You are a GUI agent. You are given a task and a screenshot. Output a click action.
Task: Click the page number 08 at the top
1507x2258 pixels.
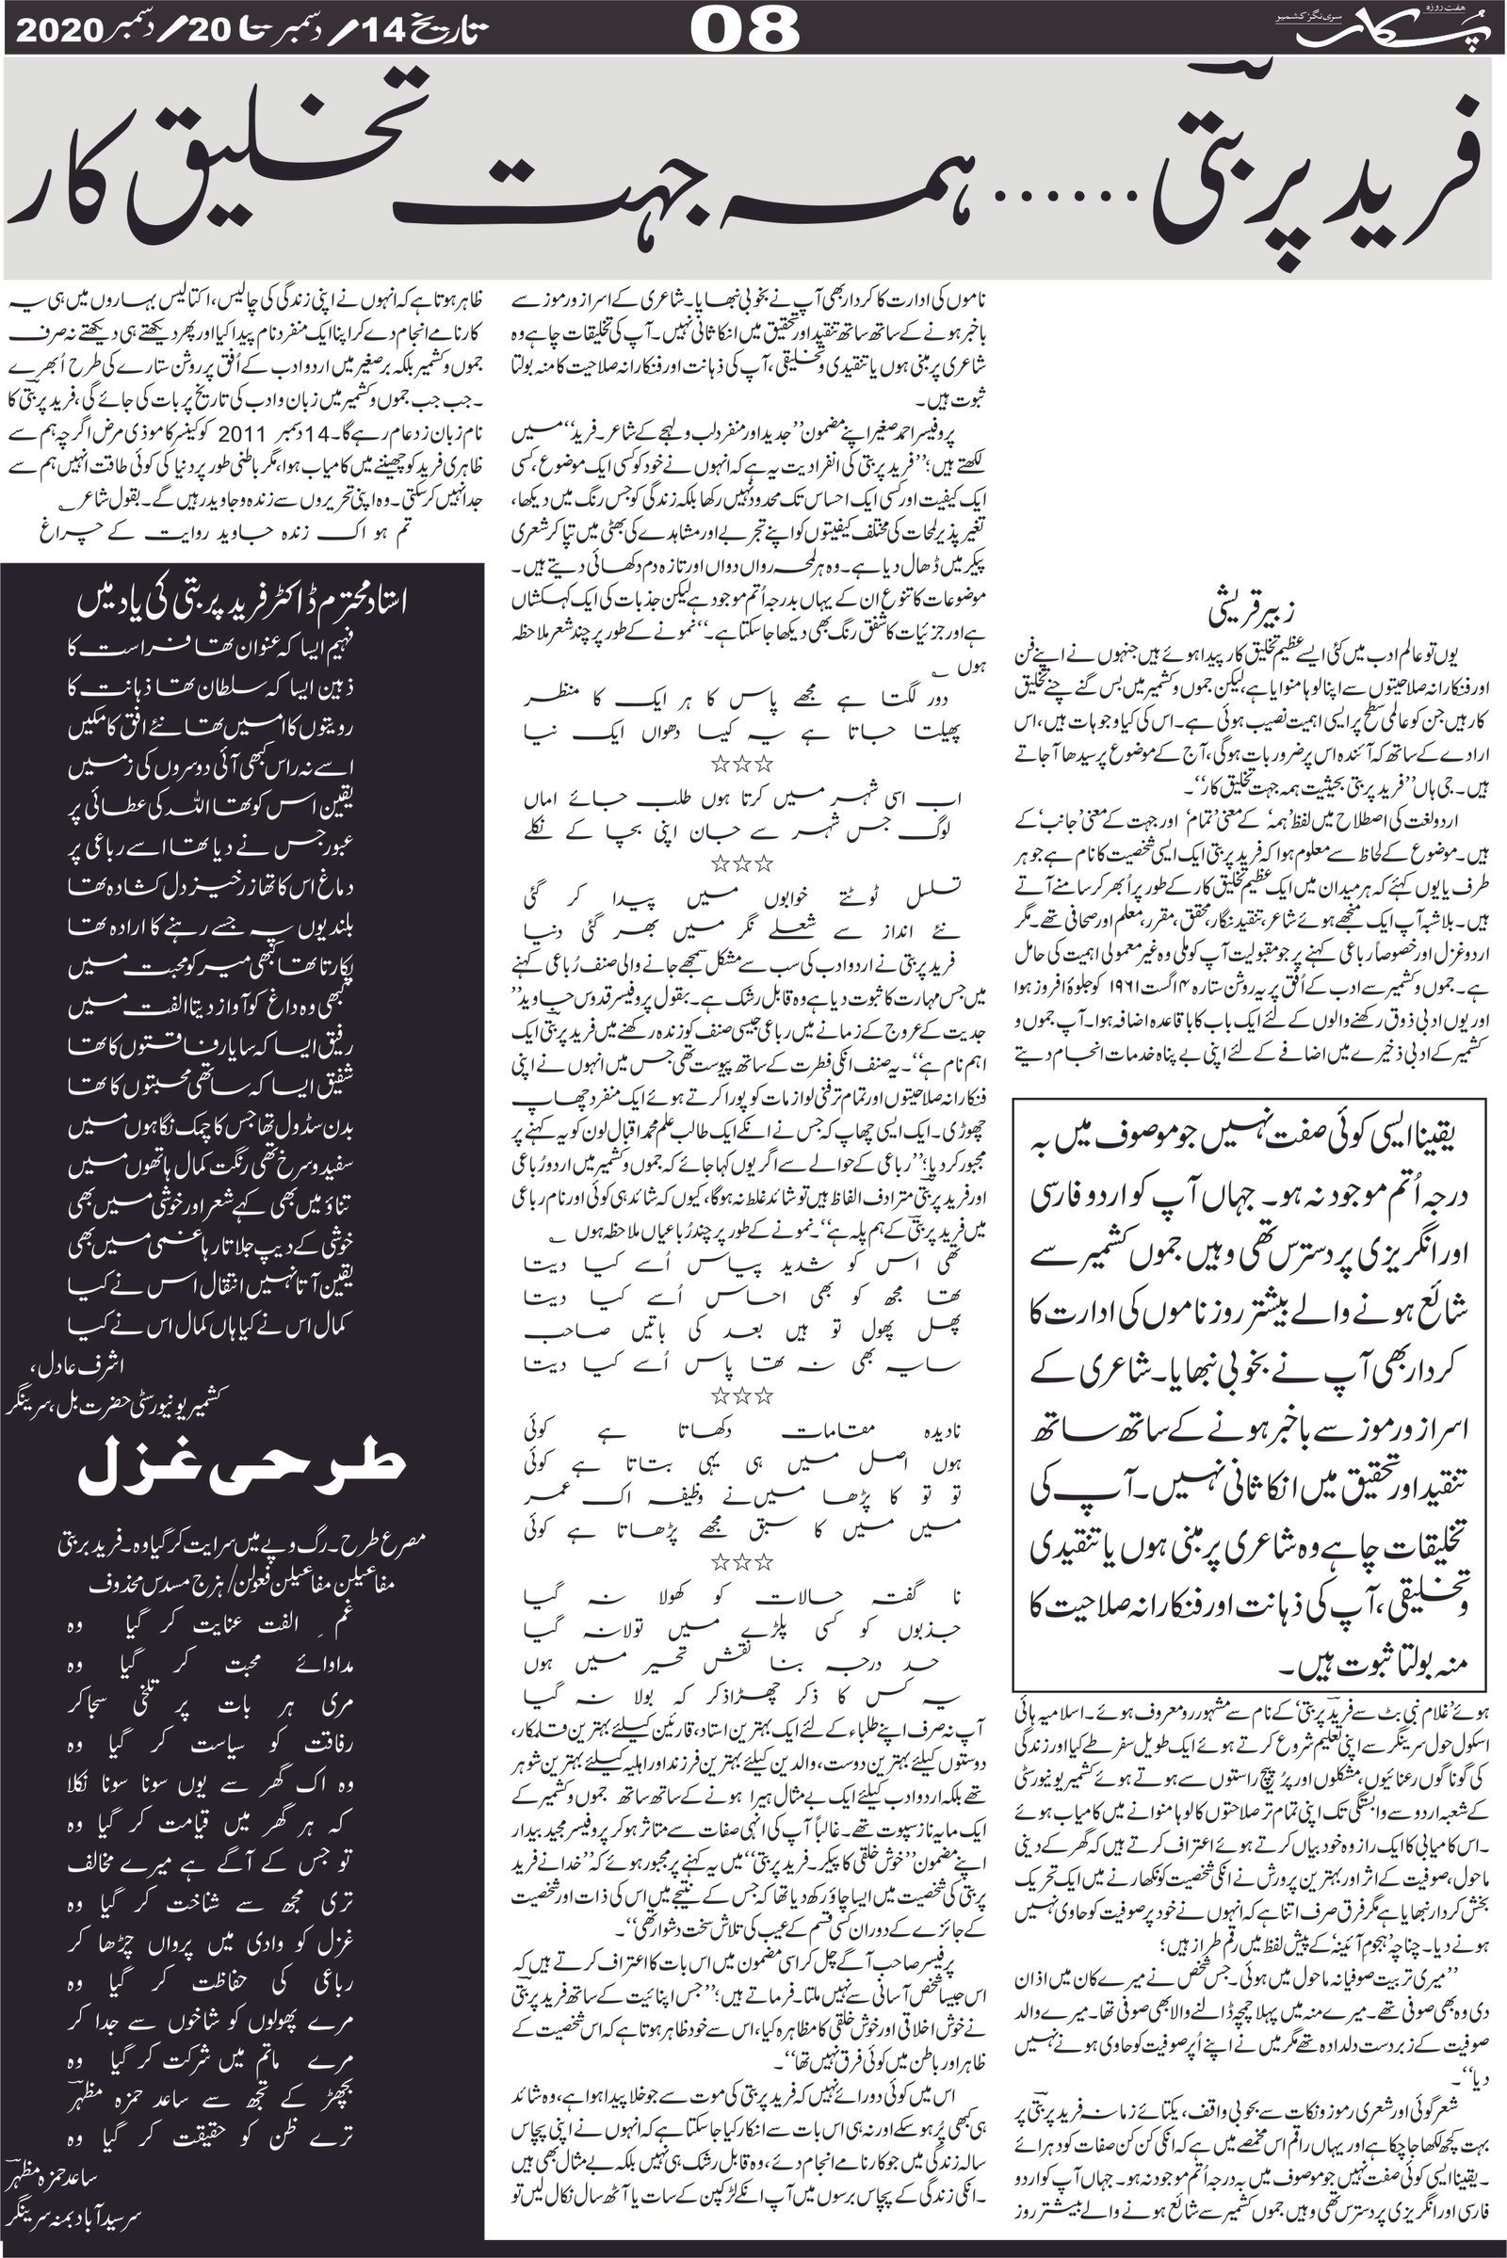[744, 28]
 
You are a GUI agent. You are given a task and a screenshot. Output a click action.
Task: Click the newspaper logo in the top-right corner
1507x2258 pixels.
[1395, 29]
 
